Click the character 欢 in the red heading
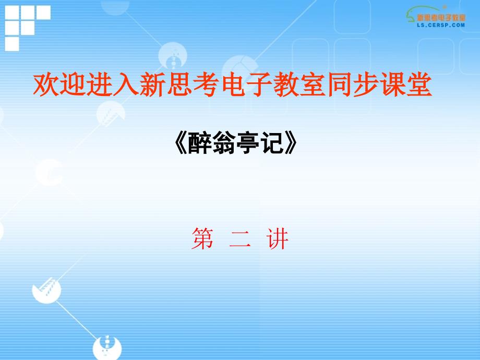46,85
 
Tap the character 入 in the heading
126,85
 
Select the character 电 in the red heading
233,85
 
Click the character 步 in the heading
366,85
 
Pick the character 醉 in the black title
199,142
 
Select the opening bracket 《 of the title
181,142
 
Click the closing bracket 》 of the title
291,142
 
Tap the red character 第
202,238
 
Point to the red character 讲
278,238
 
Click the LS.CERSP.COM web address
441,26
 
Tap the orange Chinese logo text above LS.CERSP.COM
441,17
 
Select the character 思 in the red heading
179,85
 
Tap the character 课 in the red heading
393,85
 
